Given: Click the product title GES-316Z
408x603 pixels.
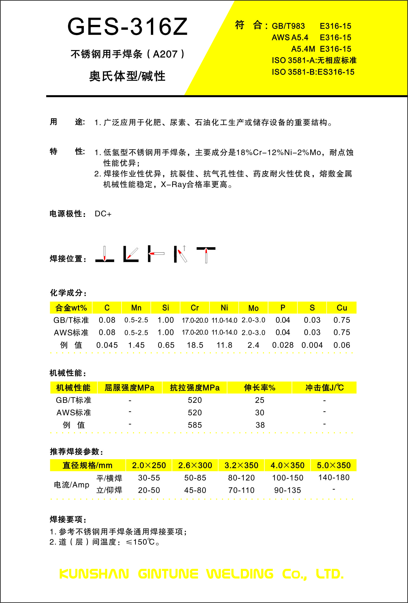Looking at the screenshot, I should [127, 27].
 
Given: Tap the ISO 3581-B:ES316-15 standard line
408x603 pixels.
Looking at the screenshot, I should [313, 72].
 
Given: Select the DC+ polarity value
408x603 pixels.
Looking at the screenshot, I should [103, 214].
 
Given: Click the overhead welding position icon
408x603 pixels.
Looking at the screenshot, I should [206, 255].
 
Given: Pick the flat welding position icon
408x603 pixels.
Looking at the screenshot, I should [105, 254].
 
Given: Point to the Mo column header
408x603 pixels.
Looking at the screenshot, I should [253, 308].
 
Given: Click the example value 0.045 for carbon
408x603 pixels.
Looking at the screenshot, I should [107, 345].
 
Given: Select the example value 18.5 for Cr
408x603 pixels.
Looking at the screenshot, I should [195, 345].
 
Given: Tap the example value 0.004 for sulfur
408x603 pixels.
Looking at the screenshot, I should [312, 345].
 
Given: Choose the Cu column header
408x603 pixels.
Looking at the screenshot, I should [342, 308].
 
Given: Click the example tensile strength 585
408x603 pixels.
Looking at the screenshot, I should [195, 425].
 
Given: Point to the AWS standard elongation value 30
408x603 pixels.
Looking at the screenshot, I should [259, 412].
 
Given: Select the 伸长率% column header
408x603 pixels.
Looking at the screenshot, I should [259, 388].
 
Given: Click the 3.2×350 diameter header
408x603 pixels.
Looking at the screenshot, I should [241, 465].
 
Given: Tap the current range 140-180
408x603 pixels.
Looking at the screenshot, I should [334, 477].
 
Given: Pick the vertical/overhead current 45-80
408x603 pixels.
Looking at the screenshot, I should [195, 490].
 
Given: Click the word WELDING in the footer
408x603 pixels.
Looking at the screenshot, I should [240, 574].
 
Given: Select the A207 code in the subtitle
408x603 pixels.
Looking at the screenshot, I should [165, 54].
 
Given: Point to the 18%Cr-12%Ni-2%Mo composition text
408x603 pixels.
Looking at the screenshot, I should [278, 152].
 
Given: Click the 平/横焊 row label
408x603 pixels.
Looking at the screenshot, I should [109, 478].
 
